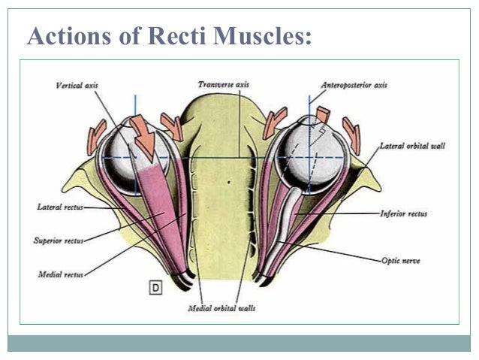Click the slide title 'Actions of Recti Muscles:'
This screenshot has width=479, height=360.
click(169, 35)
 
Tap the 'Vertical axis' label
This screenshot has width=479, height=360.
click(77, 86)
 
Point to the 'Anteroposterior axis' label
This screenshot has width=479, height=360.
click(354, 86)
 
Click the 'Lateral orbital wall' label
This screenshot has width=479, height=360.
click(412, 145)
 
